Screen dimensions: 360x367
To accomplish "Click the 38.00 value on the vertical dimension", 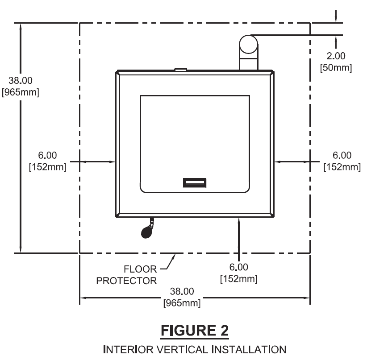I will (x=21, y=82).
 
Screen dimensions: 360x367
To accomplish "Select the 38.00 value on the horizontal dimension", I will (x=182, y=291).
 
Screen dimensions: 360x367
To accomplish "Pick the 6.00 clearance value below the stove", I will (x=239, y=267).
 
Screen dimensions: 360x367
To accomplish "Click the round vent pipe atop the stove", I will (x=248, y=45).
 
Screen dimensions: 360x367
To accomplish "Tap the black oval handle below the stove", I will (x=146, y=232).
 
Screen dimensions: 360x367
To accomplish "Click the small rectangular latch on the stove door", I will (x=194, y=182).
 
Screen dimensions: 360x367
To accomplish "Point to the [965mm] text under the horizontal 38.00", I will (x=182, y=302).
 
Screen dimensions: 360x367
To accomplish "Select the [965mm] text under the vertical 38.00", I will (x=21, y=93).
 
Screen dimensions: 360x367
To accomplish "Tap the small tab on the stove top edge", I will (x=180, y=70).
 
